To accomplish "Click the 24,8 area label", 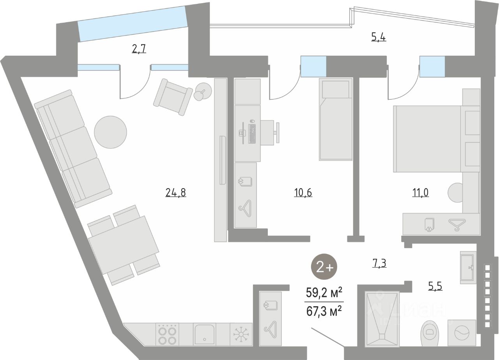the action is coord(175,192).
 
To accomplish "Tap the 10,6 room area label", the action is coord(303,192).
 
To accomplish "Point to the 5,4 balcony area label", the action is coord(379,37).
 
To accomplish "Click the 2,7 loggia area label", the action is coord(139,49).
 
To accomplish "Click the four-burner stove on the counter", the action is coord(167,334).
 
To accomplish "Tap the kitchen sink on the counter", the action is coord(205,334).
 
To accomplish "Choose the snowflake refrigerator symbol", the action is coord(241,334).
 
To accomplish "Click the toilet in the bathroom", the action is coord(430,333).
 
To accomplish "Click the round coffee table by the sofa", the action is coord(110,132).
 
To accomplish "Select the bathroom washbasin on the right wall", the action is coord(467,267).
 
